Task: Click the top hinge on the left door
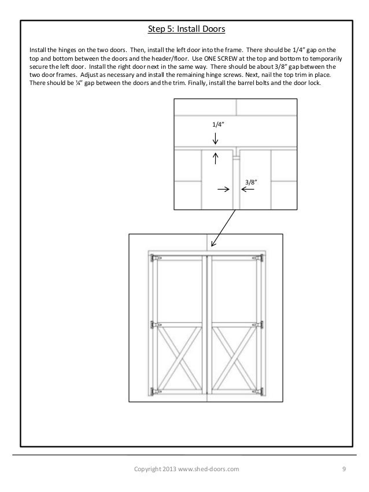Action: click(x=153, y=257)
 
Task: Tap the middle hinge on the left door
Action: click(x=153, y=325)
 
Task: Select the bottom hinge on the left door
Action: click(x=153, y=391)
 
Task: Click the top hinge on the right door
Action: click(x=261, y=257)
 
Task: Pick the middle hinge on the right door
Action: click(x=261, y=325)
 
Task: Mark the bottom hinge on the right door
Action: click(x=261, y=391)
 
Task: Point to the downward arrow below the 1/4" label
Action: click(x=215, y=139)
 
